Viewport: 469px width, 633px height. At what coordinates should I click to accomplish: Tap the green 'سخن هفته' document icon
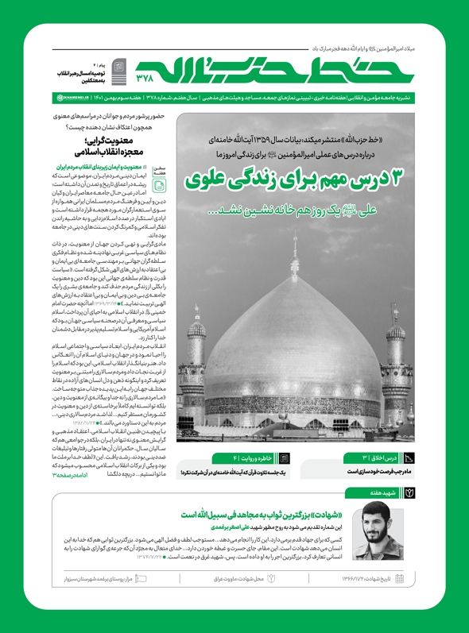pos(160,185)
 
